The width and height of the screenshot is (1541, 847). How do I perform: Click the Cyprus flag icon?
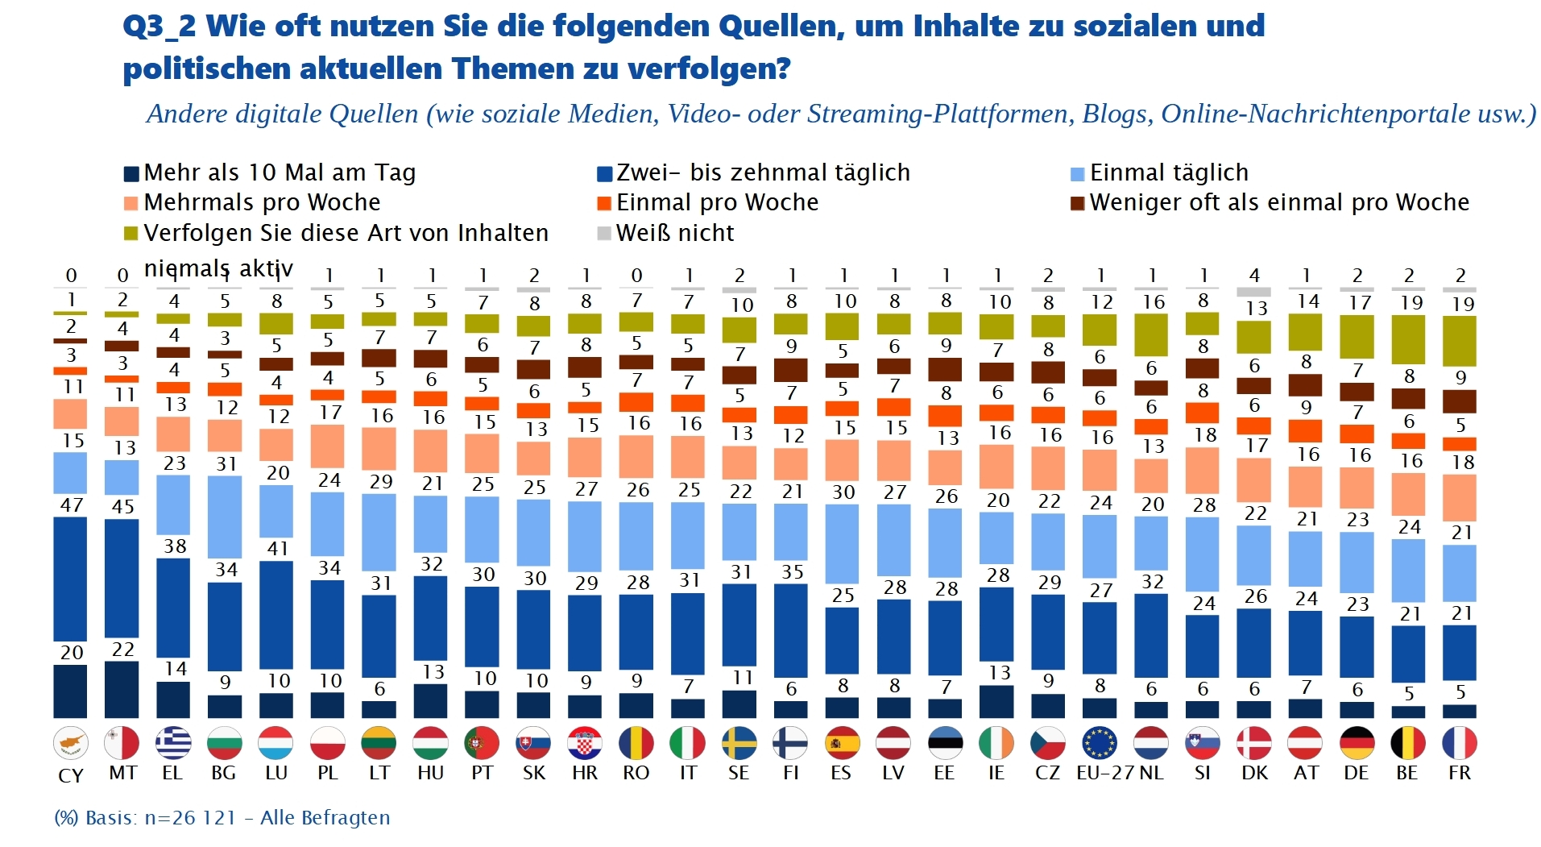pos(71,743)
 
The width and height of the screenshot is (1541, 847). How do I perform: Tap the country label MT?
pos(122,773)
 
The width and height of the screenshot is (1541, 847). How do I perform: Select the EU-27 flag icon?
pos(1100,743)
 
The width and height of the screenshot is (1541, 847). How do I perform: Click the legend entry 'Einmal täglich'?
pos(1168,172)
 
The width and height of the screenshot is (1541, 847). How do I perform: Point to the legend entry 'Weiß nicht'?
pos(674,233)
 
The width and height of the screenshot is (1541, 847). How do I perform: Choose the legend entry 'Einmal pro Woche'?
pos(717,202)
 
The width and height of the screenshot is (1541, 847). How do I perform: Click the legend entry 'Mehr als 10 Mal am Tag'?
pos(279,172)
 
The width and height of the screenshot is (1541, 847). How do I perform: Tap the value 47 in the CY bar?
pos(71,505)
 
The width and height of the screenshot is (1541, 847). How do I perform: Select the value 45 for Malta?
pos(122,507)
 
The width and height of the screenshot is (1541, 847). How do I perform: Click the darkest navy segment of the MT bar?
pos(122,689)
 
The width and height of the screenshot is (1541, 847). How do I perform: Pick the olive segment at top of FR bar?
pos(1459,341)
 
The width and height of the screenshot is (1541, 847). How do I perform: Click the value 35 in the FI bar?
pos(792,572)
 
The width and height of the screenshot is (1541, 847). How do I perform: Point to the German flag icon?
pos(1357,743)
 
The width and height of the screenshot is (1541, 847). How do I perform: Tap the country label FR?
pos(1459,773)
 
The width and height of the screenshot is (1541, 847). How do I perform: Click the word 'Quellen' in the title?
pos(781,26)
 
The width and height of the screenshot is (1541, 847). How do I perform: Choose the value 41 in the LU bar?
pos(277,549)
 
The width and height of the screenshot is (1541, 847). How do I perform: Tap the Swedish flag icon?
pos(739,743)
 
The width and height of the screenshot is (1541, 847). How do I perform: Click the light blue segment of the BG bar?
pos(225,517)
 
